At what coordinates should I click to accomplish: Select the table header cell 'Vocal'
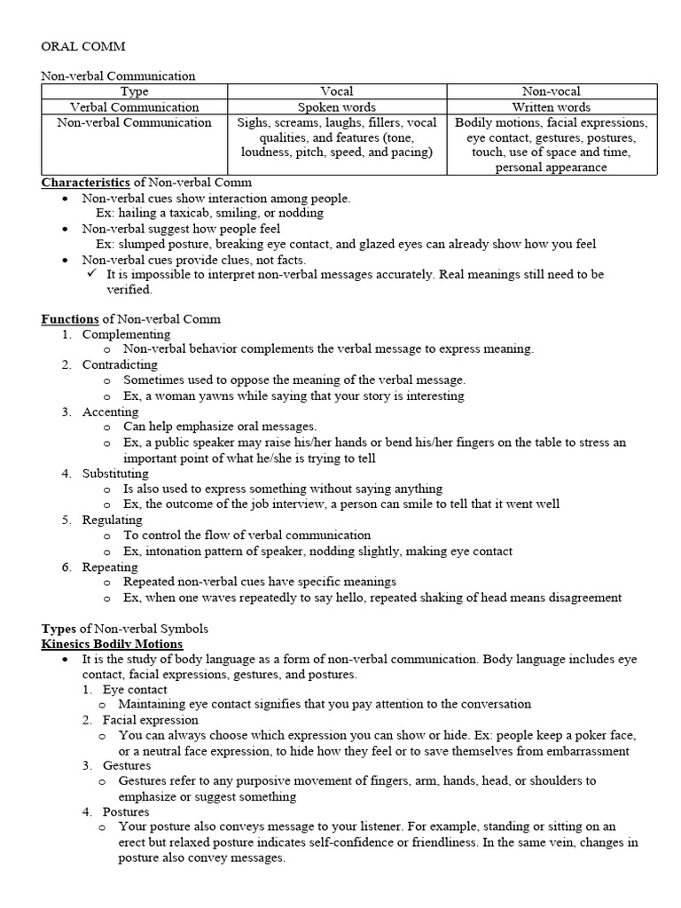pos(336,91)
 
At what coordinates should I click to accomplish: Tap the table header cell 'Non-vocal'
pos(552,91)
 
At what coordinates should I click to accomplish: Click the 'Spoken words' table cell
pos(336,107)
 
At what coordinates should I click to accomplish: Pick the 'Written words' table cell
pos(552,107)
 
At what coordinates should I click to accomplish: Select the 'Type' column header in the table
pos(134,91)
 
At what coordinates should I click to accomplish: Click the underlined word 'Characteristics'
pos(86,183)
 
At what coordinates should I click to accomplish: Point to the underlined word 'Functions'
pos(70,318)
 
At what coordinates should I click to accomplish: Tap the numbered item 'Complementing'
pos(126,334)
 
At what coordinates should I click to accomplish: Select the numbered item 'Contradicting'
pos(120,364)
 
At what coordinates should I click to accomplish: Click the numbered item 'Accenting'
pos(110,411)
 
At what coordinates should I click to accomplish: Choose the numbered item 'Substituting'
pos(116,474)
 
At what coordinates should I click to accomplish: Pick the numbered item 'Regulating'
pos(112,520)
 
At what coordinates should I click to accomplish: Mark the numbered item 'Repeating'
pos(110,567)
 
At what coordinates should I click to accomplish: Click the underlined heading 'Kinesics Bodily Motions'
pos(113,644)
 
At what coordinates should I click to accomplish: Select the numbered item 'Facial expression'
pos(151,720)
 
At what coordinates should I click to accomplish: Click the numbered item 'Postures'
pos(126,812)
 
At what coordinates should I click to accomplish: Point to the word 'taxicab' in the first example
pos(179,213)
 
